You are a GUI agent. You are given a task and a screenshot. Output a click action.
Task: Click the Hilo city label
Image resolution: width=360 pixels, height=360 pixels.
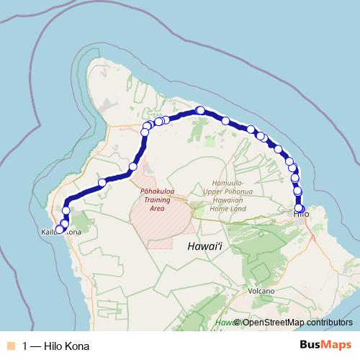301,214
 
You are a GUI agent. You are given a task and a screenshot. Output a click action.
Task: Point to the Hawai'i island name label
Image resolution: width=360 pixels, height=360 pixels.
202,246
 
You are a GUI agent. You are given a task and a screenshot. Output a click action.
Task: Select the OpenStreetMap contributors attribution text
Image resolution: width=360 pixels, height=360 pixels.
297,323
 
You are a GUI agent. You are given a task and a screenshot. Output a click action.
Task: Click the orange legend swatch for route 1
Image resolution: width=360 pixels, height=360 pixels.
11,346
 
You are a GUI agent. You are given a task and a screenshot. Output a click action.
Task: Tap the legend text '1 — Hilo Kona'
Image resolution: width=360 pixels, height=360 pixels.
57,346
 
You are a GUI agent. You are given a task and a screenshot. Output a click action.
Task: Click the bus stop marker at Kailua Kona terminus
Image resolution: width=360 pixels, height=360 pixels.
60,230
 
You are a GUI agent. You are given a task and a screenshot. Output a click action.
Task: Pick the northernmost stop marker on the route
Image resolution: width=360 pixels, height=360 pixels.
200,110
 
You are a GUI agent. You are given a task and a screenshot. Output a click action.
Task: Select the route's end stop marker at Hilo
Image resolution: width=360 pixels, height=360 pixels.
300,209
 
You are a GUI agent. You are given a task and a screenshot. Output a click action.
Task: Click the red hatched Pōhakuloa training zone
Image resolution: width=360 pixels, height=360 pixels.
162,223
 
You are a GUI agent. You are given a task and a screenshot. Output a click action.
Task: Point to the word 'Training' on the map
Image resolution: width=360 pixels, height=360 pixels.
158,200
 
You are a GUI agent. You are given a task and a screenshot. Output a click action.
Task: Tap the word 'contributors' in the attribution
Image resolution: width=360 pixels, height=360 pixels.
328,323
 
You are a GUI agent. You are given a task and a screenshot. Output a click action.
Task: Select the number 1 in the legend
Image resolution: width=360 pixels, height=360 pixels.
25,346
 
